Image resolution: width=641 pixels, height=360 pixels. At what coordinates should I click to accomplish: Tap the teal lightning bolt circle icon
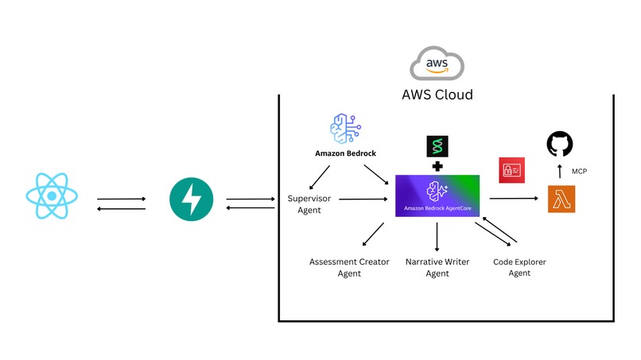pos(191,199)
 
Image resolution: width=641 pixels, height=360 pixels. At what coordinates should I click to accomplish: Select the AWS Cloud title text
pos(437,95)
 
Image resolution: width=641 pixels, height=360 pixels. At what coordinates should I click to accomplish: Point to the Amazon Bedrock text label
pos(347,153)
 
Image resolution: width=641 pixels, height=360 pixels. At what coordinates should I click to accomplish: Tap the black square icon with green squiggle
pos(437,146)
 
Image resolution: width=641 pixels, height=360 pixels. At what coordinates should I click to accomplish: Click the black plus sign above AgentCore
pos(437,167)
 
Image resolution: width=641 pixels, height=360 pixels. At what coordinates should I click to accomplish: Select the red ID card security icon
pos(510,170)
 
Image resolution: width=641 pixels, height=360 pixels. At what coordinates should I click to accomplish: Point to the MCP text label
pos(580,172)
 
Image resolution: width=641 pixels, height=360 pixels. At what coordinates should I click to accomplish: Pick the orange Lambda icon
pos(561,199)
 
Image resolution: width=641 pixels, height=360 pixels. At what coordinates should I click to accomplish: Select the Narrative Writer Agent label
pos(437,267)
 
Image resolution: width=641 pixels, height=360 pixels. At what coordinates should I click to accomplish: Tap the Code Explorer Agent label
pos(519,267)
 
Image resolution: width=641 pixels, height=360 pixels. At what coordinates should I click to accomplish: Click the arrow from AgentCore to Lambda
pos(513,199)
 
